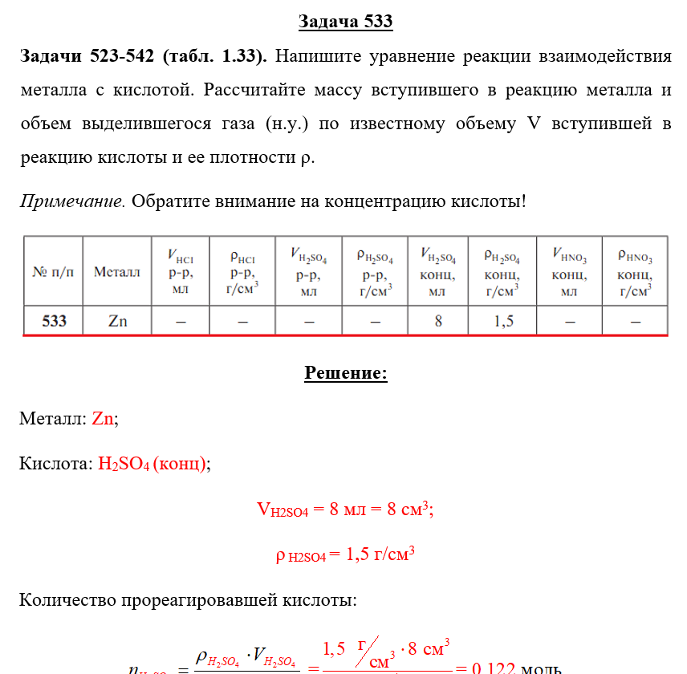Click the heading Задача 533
[x=345, y=22]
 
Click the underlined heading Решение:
[x=346, y=373]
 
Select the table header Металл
[x=117, y=272]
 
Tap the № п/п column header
[x=53, y=272]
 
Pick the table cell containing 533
[x=54, y=322]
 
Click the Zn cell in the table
[x=117, y=322]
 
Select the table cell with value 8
[x=438, y=322]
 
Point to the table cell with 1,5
[x=503, y=322]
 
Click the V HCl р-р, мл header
[x=180, y=272]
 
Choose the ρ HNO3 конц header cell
[x=635, y=272]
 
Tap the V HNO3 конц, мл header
[x=569, y=272]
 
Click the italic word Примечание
[x=72, y=201]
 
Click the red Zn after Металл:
[x=104, y=419]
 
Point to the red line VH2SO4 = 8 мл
[x=345, y=510]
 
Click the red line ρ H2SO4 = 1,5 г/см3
[x=345, y=554]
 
